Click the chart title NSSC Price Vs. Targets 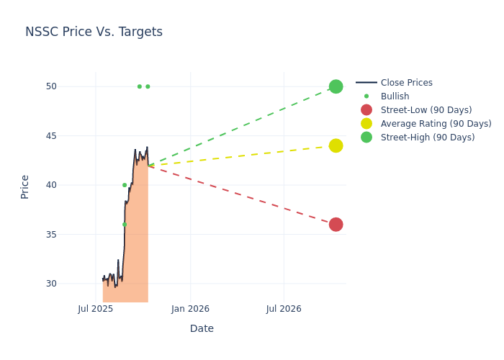point(94,32)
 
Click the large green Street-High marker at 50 point(336,86)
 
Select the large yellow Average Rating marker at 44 point(336,145)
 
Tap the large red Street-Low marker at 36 point(336,225)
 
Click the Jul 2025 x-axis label point(96,310)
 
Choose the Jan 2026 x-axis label point(190,310)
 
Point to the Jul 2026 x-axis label point(284,310)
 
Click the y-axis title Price point(25,186)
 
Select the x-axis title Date point(202,328)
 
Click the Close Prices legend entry point(406,83)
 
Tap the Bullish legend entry point(395,96)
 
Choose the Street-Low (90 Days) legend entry point(426,110)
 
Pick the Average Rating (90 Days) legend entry point(436,124)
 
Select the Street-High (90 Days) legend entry point(427,138)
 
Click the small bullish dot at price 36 point(124,225)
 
